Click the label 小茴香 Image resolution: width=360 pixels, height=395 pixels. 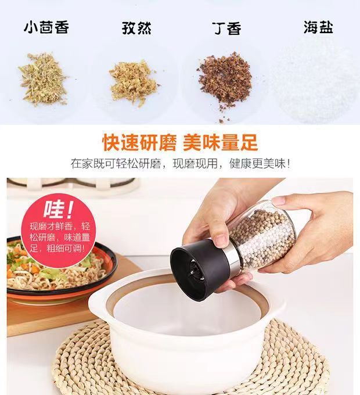click(46, 27)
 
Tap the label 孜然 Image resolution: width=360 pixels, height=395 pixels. click(136, 28)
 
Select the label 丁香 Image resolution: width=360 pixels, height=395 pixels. click(226, 28)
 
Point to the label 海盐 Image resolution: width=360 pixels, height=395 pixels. click(318, 27)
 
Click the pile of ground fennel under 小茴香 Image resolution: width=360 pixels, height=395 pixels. click(43, 79)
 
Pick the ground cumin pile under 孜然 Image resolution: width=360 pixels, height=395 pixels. click(134, 82)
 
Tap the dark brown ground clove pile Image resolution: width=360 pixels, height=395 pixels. click(225, 80)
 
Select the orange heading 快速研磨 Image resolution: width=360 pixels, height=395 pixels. click(140, 143)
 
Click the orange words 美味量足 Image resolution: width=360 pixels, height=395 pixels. click(220, 143)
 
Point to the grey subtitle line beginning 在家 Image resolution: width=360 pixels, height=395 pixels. click(180, 164)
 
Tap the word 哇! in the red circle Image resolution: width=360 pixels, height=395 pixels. click(59, 209)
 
